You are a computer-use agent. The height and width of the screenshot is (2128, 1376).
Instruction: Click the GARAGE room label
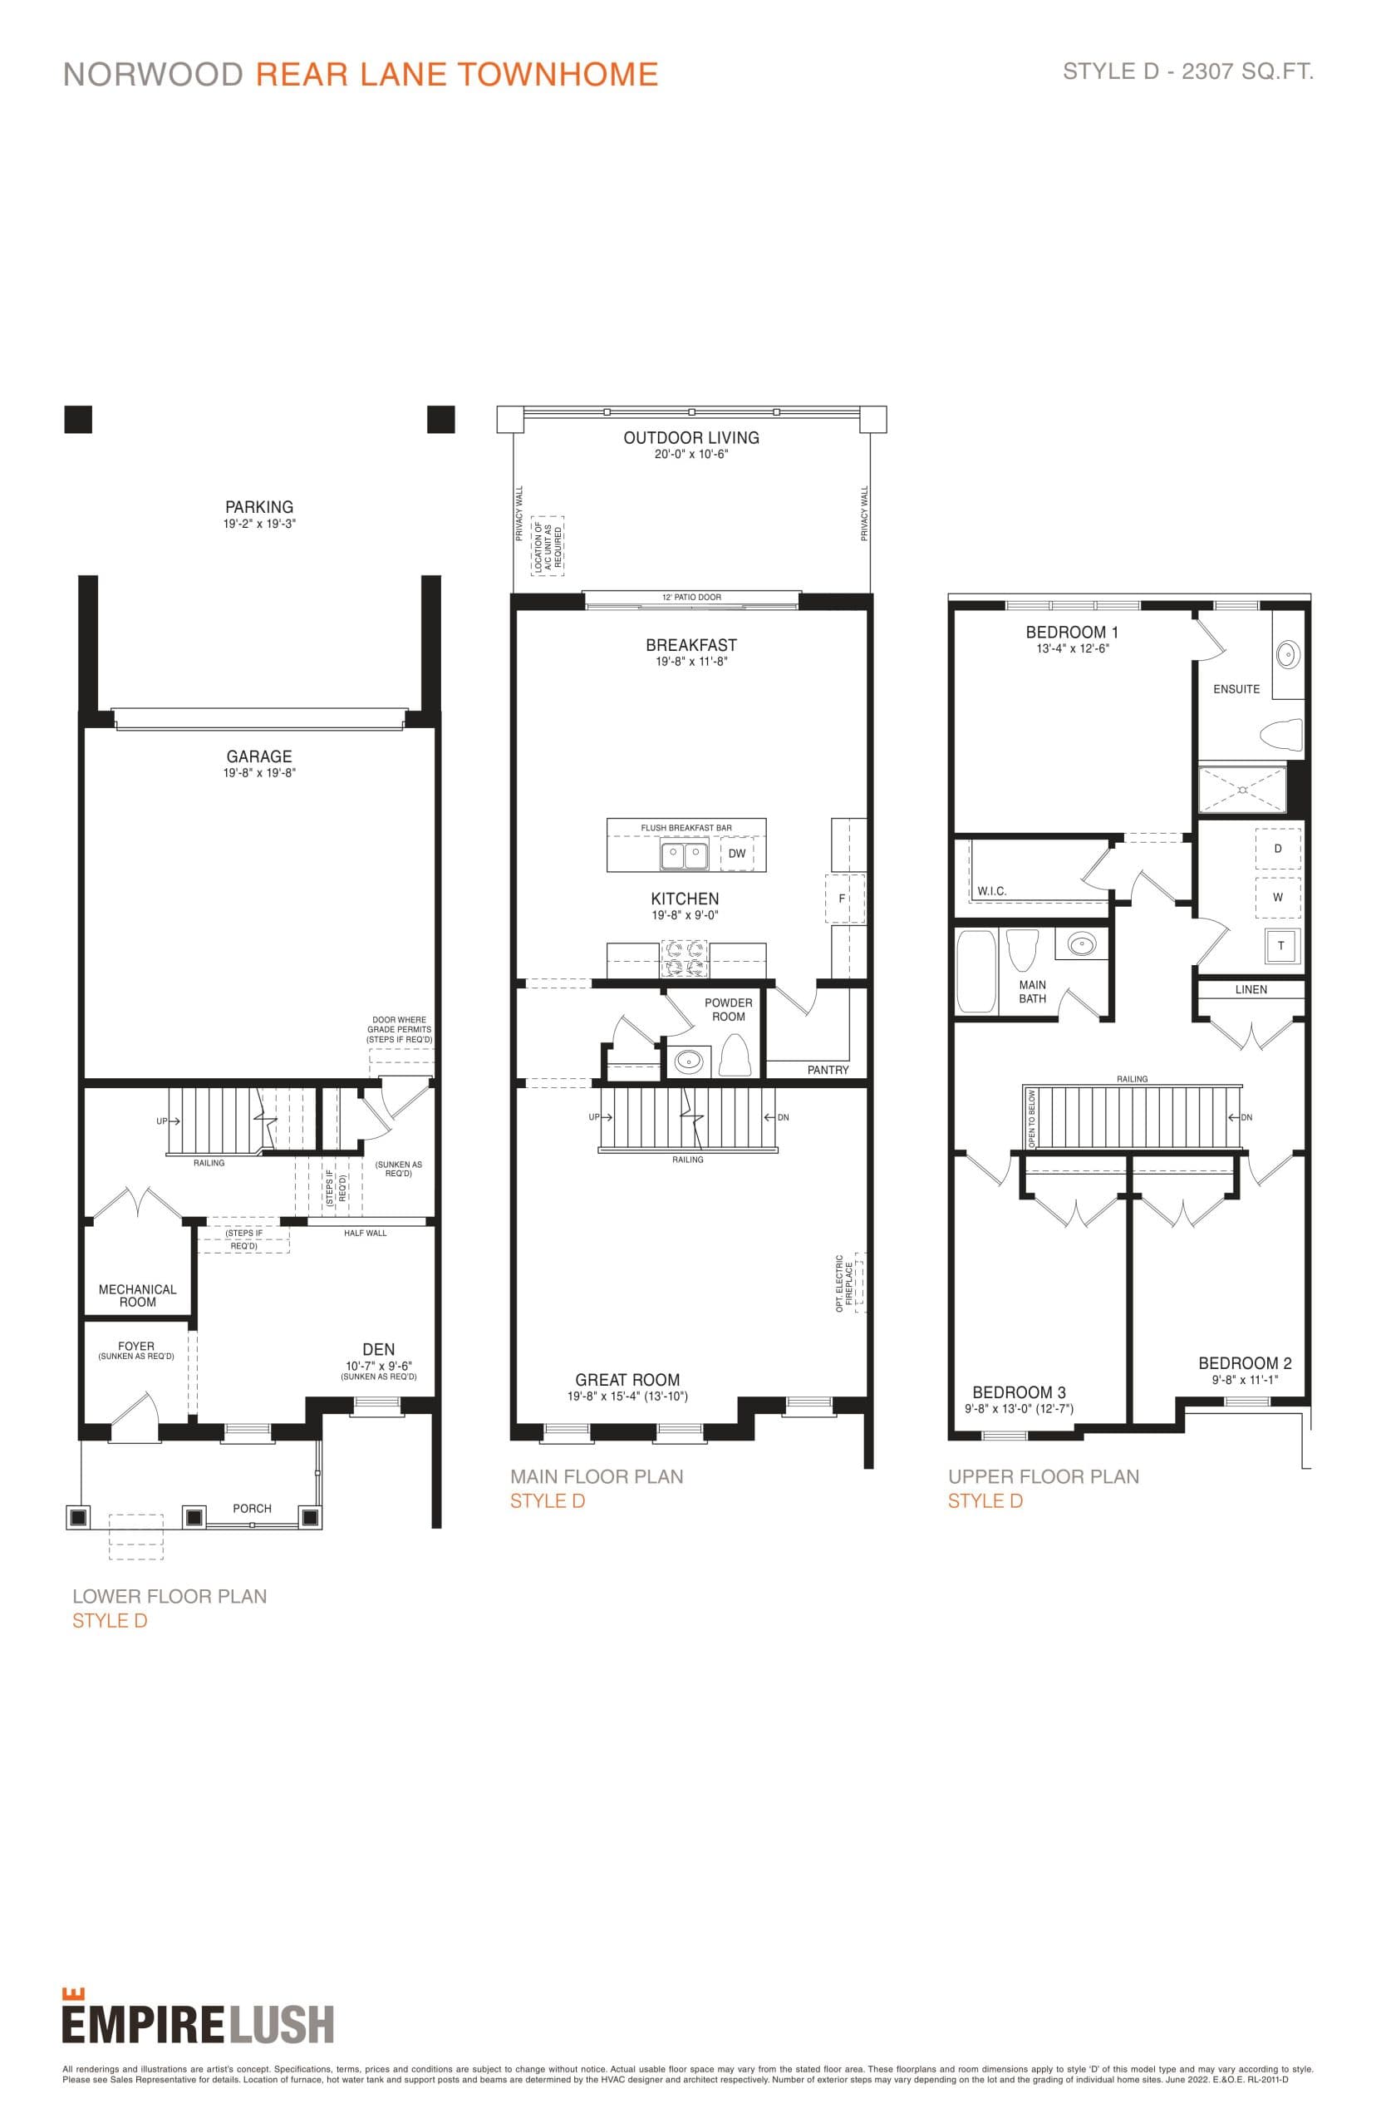[259, 756]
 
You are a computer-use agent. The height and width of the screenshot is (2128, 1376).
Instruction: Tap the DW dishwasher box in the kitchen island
[736, 854]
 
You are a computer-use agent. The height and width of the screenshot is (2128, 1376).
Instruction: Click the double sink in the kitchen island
[684, 855]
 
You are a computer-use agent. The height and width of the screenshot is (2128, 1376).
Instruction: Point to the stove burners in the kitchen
[684, 958]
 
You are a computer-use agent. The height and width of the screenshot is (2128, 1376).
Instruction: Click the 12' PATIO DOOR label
[690, 597]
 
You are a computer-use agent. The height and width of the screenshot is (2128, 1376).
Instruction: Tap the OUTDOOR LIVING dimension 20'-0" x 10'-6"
[690, 454]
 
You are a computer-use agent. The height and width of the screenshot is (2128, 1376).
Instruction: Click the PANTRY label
[828, 1070]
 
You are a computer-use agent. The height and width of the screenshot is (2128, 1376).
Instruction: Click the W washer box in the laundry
[1278, 897]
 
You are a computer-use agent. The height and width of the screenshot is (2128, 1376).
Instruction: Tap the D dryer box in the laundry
[1278, 848]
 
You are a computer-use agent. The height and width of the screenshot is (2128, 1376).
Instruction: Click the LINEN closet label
[1251, 989]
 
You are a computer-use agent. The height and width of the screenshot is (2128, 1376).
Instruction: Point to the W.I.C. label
[991, 891]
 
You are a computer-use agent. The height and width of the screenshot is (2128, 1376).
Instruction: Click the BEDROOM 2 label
[1244, 1363]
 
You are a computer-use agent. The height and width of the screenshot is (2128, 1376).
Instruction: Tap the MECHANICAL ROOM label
[138, 1295]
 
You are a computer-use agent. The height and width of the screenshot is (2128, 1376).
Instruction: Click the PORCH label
[252, 1508]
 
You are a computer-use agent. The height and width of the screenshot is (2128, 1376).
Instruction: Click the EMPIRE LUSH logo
[198, 2024]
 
